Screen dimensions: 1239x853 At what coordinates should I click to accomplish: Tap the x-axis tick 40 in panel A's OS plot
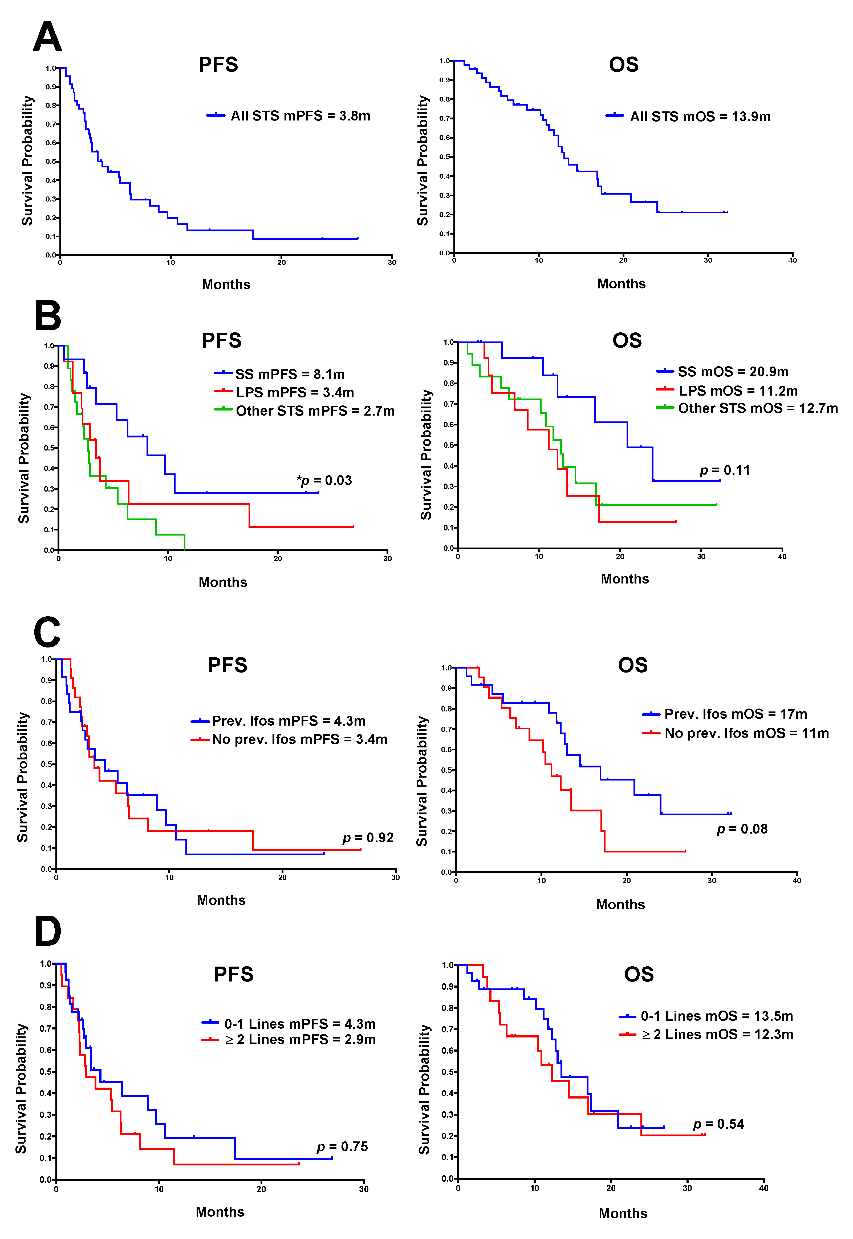pos(792,260)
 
